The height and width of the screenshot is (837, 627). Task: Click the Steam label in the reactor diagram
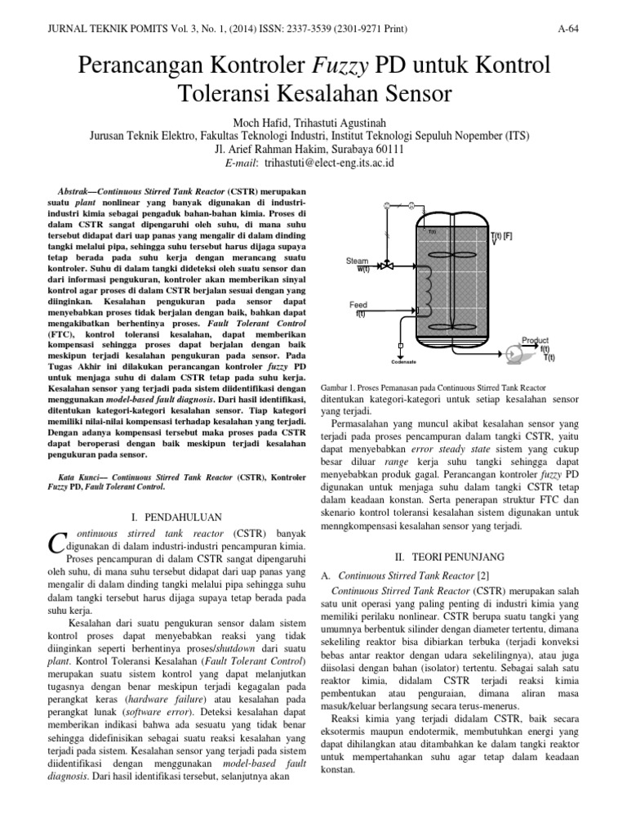pyautogui.click(x=358, y=261)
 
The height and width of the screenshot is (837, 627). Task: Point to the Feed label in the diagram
pyautogui.click(x=358, y=305)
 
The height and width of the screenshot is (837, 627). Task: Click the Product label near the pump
pyautogui.click(x=536, y=340)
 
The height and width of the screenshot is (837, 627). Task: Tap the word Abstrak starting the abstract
pyautogui.click(x=67, y=188)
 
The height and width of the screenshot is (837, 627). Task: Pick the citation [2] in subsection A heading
pyautogui.click(x=483, y=577)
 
